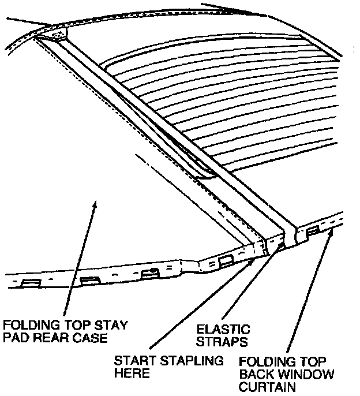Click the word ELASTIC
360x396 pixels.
pyautogui.click(x=223, y=330)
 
